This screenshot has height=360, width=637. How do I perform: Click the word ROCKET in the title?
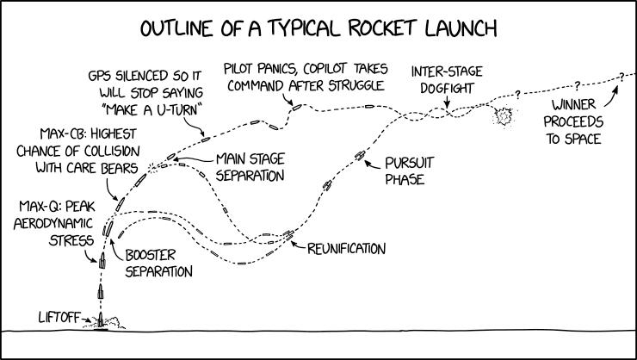382,28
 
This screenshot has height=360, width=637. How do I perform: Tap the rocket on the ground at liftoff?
101,320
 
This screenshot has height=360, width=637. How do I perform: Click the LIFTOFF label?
59,317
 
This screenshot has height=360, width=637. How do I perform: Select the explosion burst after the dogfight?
504,116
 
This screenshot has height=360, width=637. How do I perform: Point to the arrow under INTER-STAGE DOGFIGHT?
447,102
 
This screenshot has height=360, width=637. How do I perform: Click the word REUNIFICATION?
346,249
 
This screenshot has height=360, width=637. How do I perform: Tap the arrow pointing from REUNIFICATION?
298,245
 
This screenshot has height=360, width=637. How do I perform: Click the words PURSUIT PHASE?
409,171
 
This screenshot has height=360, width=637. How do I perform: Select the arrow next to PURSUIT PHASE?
373,164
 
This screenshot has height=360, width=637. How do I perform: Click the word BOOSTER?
151,255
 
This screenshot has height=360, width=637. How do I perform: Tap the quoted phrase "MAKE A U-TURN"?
152,109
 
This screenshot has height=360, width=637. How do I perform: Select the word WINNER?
573,104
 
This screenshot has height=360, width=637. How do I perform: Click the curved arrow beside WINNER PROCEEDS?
612,96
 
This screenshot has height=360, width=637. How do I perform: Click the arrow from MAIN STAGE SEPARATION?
194,159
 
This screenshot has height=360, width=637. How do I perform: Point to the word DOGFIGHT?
447,88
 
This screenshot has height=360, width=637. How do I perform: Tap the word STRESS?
71,240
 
